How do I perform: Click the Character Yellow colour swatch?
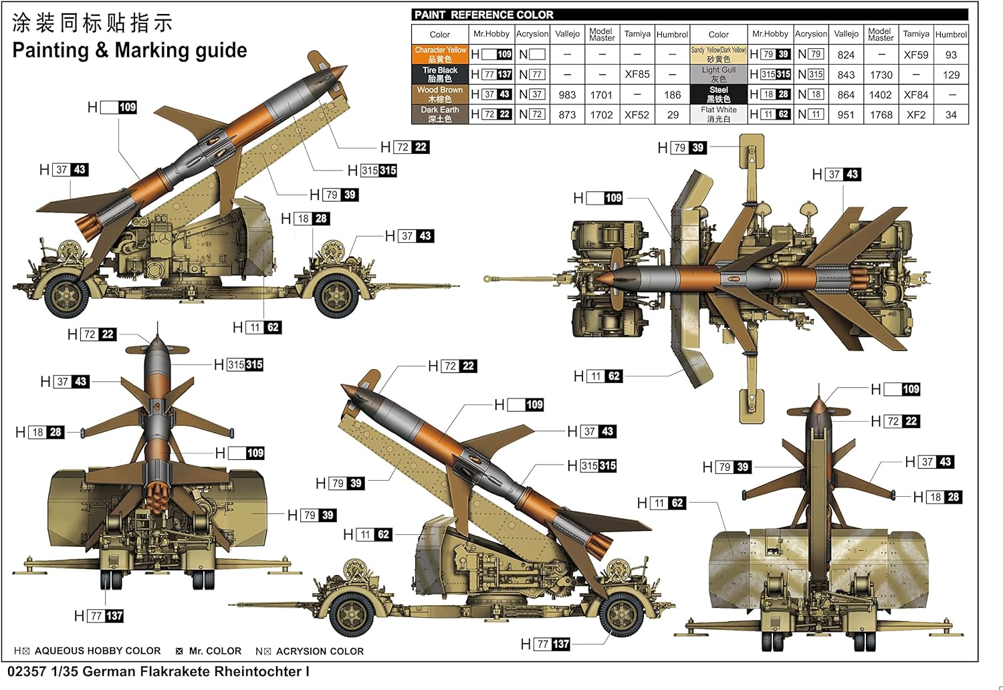[440, 54]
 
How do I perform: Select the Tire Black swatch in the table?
[440, 74]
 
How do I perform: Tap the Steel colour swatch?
[718, 94]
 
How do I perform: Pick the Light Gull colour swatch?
[718, 74]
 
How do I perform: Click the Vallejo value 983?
[567, 95]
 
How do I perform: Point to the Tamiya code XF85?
[637, 74]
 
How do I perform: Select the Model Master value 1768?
[881, 115]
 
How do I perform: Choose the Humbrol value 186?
[672, 95]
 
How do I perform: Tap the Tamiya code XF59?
[915, 55]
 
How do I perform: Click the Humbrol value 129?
[951, 75]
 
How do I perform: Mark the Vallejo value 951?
[846, 115]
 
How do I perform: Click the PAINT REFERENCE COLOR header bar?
[689, 15]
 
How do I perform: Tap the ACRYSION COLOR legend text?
[320, 651]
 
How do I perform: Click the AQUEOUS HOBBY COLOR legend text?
[98, 651]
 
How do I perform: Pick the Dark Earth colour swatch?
[440, 114]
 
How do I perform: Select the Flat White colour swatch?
[718, 114]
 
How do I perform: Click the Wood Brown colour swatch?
[440, 94]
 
